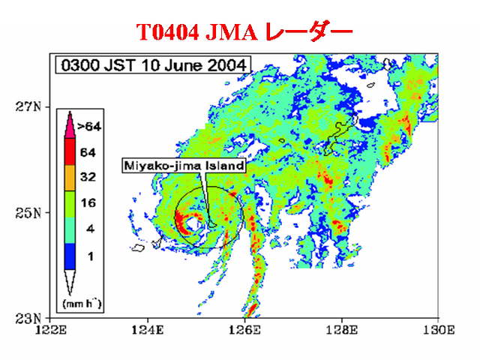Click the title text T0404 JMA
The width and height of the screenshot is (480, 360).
coord(196,32)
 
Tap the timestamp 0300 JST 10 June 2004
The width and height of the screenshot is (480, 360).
coord(153,65)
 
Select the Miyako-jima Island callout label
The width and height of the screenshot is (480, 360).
coord(184,166)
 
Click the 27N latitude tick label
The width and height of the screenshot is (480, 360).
coord(28,106)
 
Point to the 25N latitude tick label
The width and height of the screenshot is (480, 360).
coord(28,213)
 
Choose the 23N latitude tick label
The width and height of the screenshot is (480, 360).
coord(28,319)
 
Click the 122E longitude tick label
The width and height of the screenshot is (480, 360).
coord(50,330)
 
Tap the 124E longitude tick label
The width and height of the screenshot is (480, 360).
coord(148,330)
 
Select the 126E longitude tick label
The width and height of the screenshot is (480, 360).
coord(244,330)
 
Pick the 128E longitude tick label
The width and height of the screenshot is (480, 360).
coord(342,330)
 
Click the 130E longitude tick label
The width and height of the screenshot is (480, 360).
coord(439,330)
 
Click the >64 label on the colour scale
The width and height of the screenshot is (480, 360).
coord(89,127)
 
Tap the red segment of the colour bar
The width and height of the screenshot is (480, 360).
coord(70,151)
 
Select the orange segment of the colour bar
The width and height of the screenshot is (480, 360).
coord(70,178)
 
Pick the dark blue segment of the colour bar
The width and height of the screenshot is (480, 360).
coord(70,256)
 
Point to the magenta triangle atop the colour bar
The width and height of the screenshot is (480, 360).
coord(70,127)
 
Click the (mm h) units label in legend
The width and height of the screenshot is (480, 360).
coord(82,304)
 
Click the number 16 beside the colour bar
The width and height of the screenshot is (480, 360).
coord(88,202)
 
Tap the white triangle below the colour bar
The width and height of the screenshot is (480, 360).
coord(70,280)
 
